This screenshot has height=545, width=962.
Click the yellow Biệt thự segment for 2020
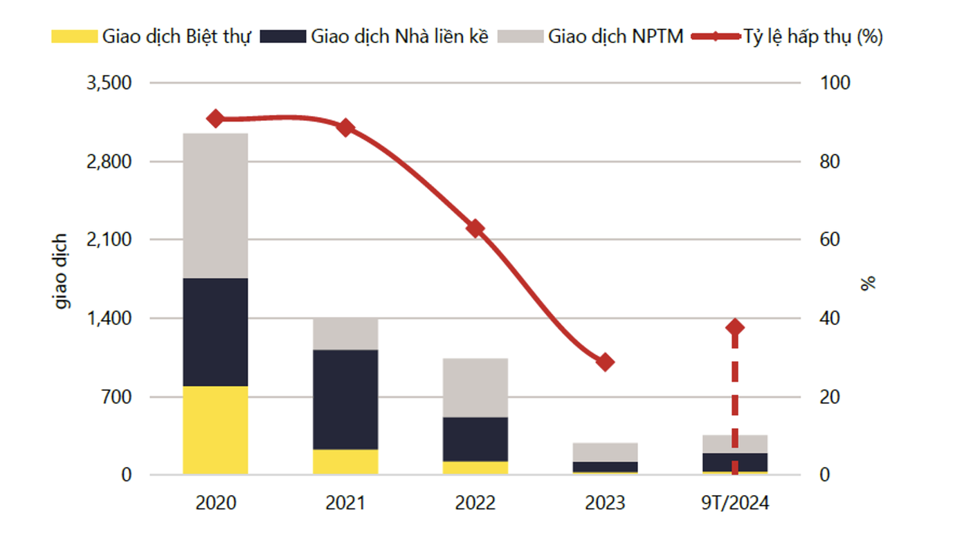[x=215, y=430]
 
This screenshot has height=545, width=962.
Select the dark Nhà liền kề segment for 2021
[x=345, y=400]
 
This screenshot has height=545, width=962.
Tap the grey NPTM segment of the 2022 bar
[x=475, y=387]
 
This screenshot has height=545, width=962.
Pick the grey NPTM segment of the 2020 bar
[x=215, y=205]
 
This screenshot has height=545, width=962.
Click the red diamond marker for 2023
[x=606, y=362]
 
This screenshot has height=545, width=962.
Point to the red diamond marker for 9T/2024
[x=735, y=328]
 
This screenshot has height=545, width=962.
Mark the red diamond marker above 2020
[x=215, y=118]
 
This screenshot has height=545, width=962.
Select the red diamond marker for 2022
[x=475, y=228]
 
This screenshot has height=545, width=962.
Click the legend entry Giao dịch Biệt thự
[x=152, y=36]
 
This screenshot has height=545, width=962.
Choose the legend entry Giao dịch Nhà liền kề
[x=374, y=36]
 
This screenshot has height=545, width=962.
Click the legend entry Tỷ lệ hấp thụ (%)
[x=789, y=36]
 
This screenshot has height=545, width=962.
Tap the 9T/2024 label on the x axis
[x=735, y=503]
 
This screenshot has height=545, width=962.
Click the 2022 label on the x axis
[x=475, y=503]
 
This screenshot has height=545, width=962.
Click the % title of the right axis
[x=869, y=282]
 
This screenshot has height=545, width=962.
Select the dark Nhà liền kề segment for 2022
[x=475, y=439]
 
